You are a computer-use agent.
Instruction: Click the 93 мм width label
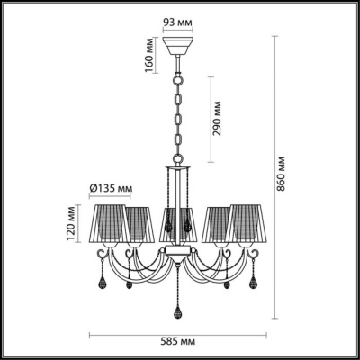point(178,21)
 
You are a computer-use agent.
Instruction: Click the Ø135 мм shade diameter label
point(112,188)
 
